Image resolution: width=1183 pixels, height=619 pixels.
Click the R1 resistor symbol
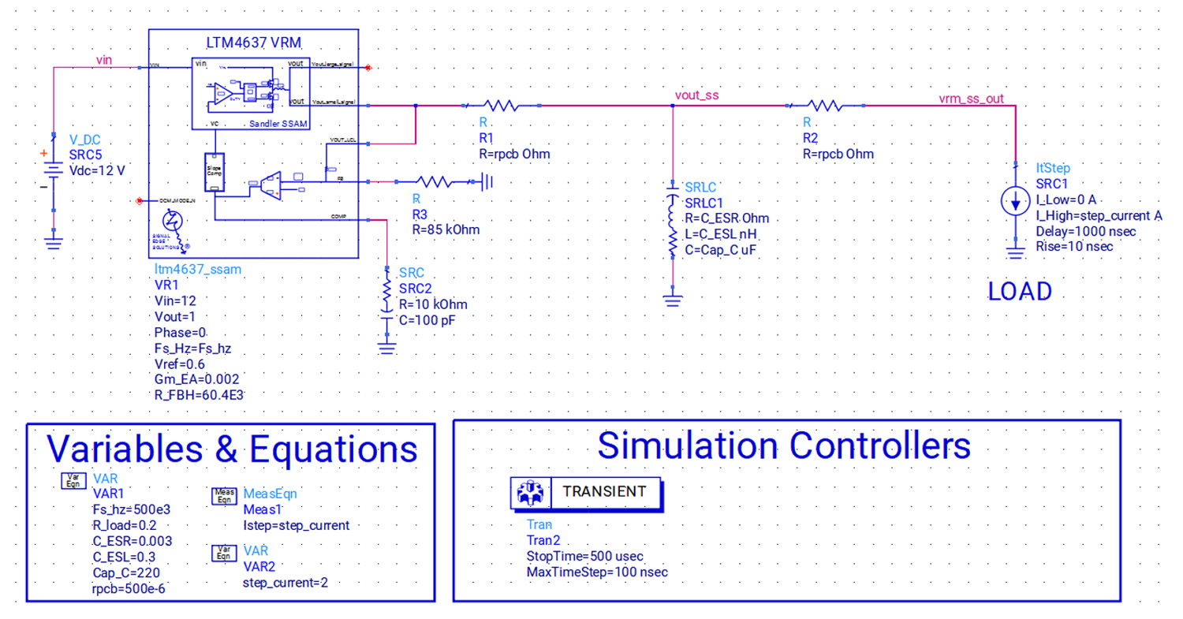[499, 105]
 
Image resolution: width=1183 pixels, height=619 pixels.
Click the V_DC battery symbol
[53, 171]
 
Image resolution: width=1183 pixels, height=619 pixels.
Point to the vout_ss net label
[697, 95]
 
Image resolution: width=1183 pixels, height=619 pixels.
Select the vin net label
[104, 59]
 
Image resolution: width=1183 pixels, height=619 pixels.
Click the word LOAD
[1020, 292]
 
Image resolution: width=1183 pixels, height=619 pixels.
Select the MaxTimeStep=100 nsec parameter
[597, 572]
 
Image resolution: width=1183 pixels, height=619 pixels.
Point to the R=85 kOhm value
[446, 230]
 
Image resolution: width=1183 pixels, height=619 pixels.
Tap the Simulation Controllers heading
[784, 446]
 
